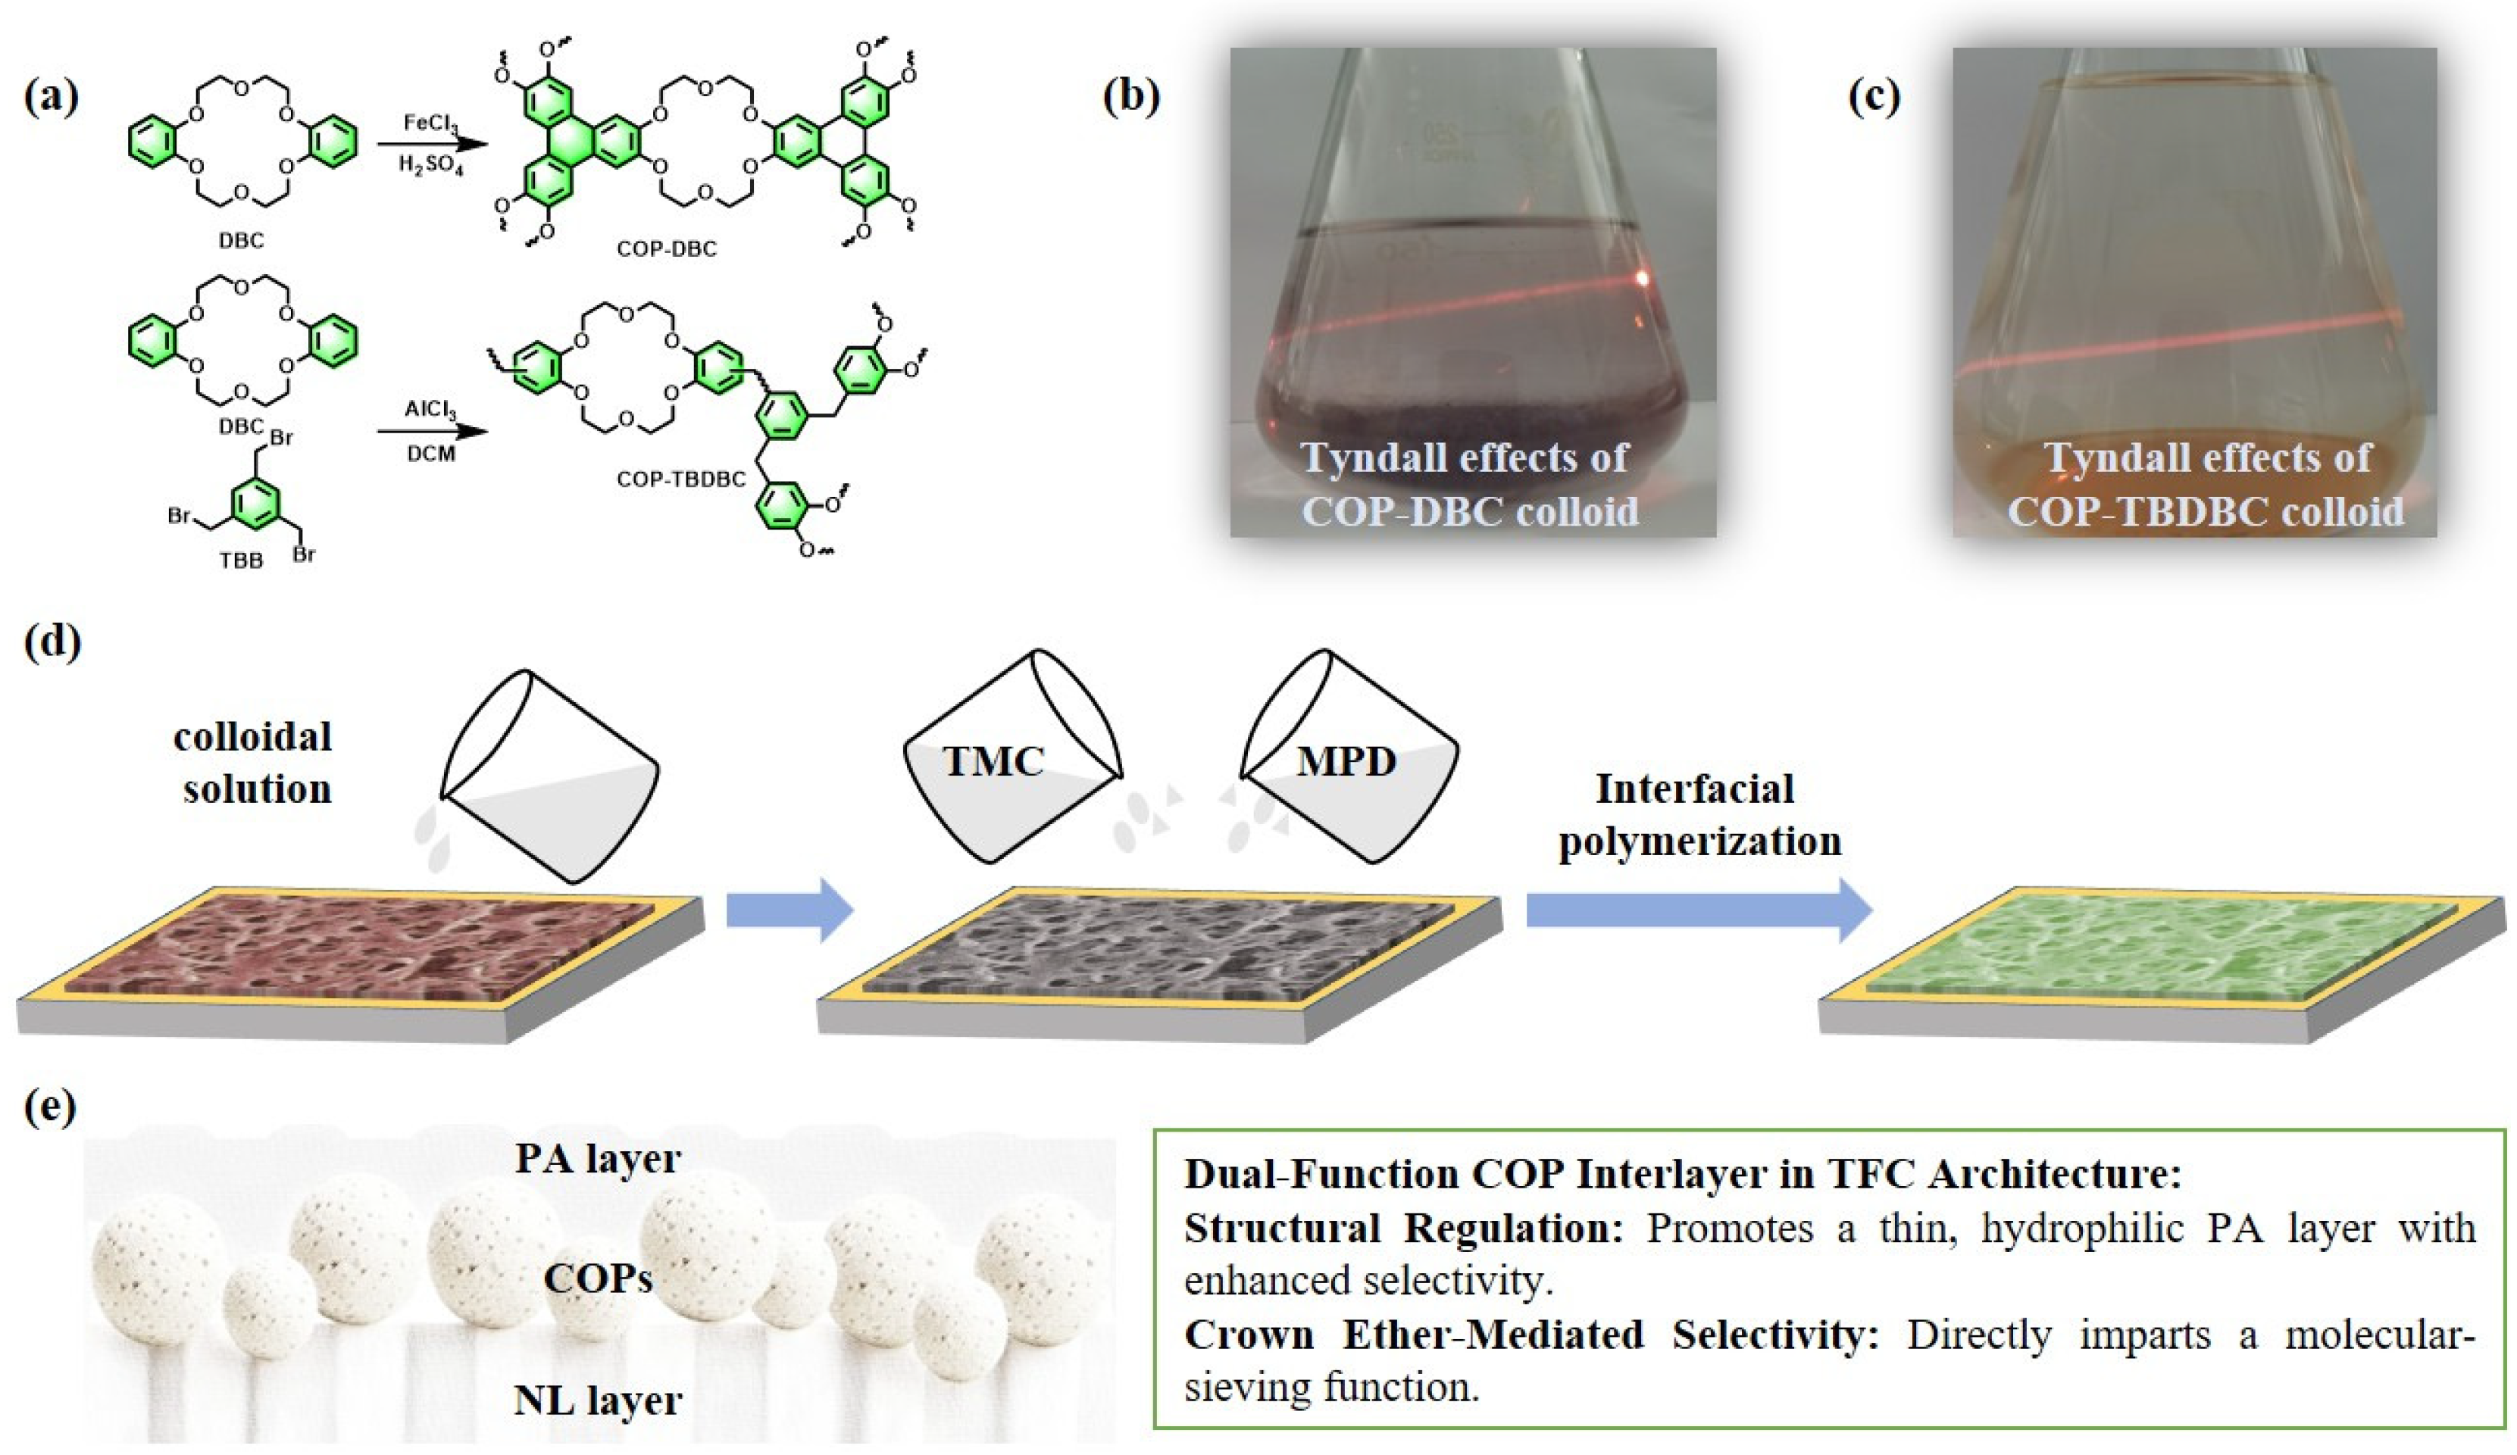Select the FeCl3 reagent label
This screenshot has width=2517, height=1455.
(430, 123)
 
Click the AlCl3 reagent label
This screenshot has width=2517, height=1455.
(430, 411)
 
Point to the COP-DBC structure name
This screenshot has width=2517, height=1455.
(666, 248)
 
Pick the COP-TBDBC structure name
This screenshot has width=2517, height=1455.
(681, 479)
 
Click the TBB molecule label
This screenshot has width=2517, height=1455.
(241, 560)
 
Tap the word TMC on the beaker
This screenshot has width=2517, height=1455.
(993, 762)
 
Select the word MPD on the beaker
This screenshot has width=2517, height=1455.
(1346, 762)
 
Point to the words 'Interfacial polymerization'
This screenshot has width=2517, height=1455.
(1699, 815)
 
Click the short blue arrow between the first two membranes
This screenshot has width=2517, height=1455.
(789, 910)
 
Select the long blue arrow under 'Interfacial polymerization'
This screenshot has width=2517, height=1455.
(1698, 910)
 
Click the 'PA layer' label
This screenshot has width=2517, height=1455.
(597, 1158)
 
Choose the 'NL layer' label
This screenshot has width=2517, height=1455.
(597, 1400)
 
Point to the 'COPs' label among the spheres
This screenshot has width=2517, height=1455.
(597, 1279)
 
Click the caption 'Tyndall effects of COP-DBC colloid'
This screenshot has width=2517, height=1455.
(1469, 484)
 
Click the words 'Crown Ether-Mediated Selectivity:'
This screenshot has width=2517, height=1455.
(1531, 1335)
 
